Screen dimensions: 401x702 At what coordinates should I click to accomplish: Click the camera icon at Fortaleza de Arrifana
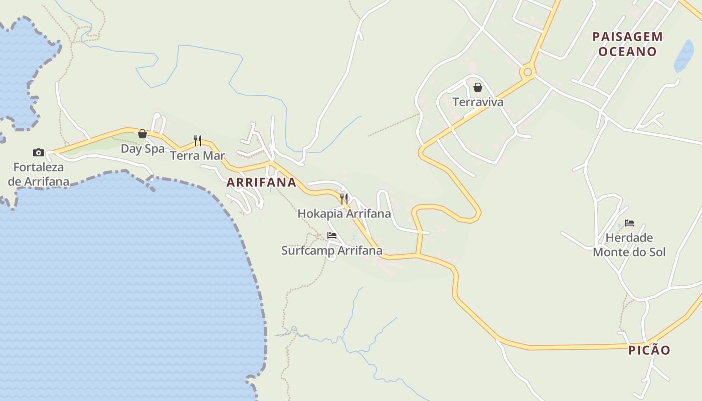[x=39, y=152]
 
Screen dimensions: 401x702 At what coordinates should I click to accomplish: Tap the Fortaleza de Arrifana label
[x=39, y=174]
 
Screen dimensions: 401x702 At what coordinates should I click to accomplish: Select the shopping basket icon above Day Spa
[x=142, y=134]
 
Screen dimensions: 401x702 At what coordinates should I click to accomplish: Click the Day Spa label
[x=142, y=149]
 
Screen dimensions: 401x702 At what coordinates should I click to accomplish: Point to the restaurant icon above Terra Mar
[x=198, y=140]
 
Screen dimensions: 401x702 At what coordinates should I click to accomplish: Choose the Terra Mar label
[x=198, y=155]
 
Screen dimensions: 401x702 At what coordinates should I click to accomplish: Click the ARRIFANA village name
[x=261, y=182]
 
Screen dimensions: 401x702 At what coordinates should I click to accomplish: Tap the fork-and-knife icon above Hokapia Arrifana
[x=344, y=198]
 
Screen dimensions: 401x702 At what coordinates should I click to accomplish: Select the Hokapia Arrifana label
[x=344, y=214]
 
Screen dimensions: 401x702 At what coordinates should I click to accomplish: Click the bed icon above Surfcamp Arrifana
[x=332, y=235]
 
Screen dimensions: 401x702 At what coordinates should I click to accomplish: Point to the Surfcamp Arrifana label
[x=332, y=250]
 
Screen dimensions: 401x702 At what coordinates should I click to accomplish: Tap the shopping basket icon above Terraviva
[x=478, y=87]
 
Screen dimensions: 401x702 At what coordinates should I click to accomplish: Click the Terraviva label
[x=478, y=102]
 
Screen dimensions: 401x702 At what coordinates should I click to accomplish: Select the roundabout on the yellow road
[x=527, y=72]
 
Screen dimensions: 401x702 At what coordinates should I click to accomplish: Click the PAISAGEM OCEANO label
[x=627, y=44]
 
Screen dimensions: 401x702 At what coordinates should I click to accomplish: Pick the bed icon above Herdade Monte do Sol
[x=629, y=223]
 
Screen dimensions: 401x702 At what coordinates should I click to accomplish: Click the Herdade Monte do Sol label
[x=629, y=245]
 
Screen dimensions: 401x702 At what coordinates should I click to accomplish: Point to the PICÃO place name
[x=649, y=350]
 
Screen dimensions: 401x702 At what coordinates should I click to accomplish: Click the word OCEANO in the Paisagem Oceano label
[x=627, y=52]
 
